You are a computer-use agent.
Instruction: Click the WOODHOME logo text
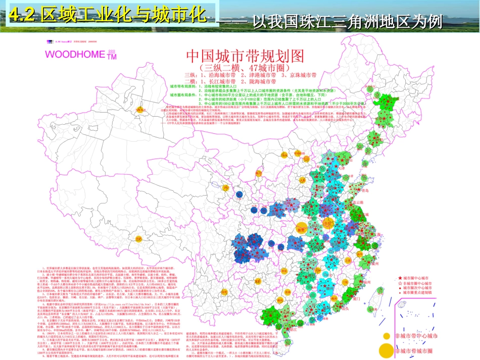point(76,53)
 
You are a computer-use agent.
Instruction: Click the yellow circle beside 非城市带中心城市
point(386,335)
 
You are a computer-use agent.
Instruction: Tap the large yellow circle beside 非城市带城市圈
point(386,349)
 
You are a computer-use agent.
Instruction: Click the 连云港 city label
point(359,201)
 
